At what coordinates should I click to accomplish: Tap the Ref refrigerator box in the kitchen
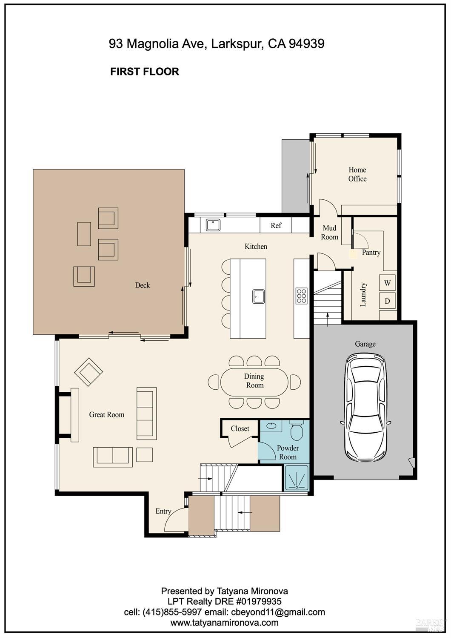(276, 225)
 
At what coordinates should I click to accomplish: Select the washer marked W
(387, 283)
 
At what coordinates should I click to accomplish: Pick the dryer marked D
(387, 301)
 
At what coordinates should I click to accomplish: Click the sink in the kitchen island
(258, 296)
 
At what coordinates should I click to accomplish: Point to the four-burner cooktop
(301, 296)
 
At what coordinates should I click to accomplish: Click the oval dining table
(254, 382)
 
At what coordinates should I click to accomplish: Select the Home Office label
(357, 174)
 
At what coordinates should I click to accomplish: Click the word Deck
(142, 285)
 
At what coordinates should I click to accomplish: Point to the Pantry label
(371, 253)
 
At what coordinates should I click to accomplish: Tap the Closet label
(240, 428)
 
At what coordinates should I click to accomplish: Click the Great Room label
(107, 414)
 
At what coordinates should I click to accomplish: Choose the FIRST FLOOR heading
(145, 72)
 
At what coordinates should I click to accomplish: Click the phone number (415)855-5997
(172, 612)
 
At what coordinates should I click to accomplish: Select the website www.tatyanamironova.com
(225, 622)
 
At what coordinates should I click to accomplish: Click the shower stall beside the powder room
(297, 477)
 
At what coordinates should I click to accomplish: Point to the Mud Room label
(329, 233)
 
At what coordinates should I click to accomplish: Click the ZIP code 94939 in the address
(306, 43)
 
